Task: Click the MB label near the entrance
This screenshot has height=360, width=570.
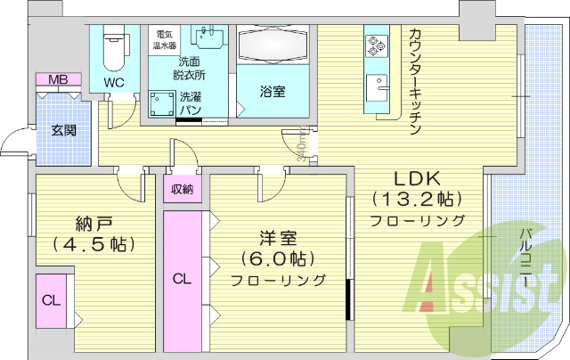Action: tap(58, 80)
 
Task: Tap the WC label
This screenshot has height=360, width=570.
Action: tap(114, 82)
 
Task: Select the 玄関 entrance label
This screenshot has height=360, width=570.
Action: tap(63, 130)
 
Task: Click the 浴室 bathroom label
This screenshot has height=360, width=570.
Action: tap(273, 91)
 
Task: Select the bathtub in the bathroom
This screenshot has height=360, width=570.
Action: tap(273, 43)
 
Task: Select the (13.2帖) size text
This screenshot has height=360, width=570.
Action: tap(416, 198)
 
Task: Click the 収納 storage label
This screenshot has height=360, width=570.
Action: tap(183, 188)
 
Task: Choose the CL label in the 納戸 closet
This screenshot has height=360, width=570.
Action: tap(51, 299)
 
